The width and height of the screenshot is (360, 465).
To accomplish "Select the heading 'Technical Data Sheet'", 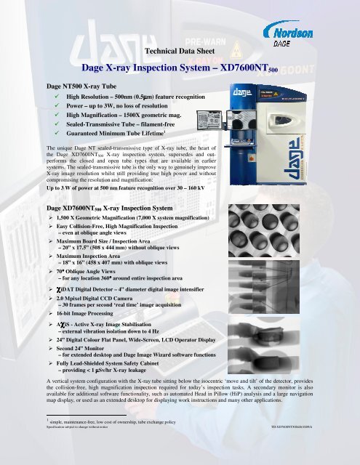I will (179, 52).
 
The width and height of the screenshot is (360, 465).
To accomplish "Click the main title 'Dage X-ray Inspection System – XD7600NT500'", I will (180, 70).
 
